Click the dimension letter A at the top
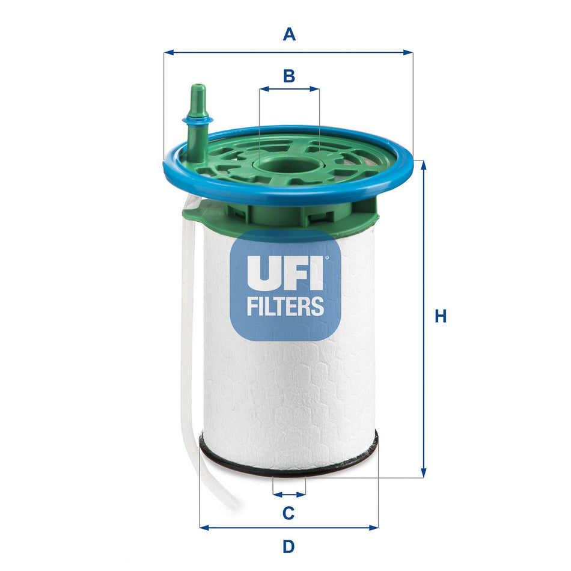(x=289, y=35)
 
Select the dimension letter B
(x=289, y=76)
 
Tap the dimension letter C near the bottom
(x=289, y=513)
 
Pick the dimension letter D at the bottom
(x=289, y=546)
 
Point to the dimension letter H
(x=441, y=316)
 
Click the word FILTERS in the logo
(x=285, y=306)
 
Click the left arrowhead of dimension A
(x=168, y=52)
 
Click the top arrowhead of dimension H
(x=424, y=165)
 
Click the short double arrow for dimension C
(x=289, y=495)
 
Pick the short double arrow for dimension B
(x=289, y=89)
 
